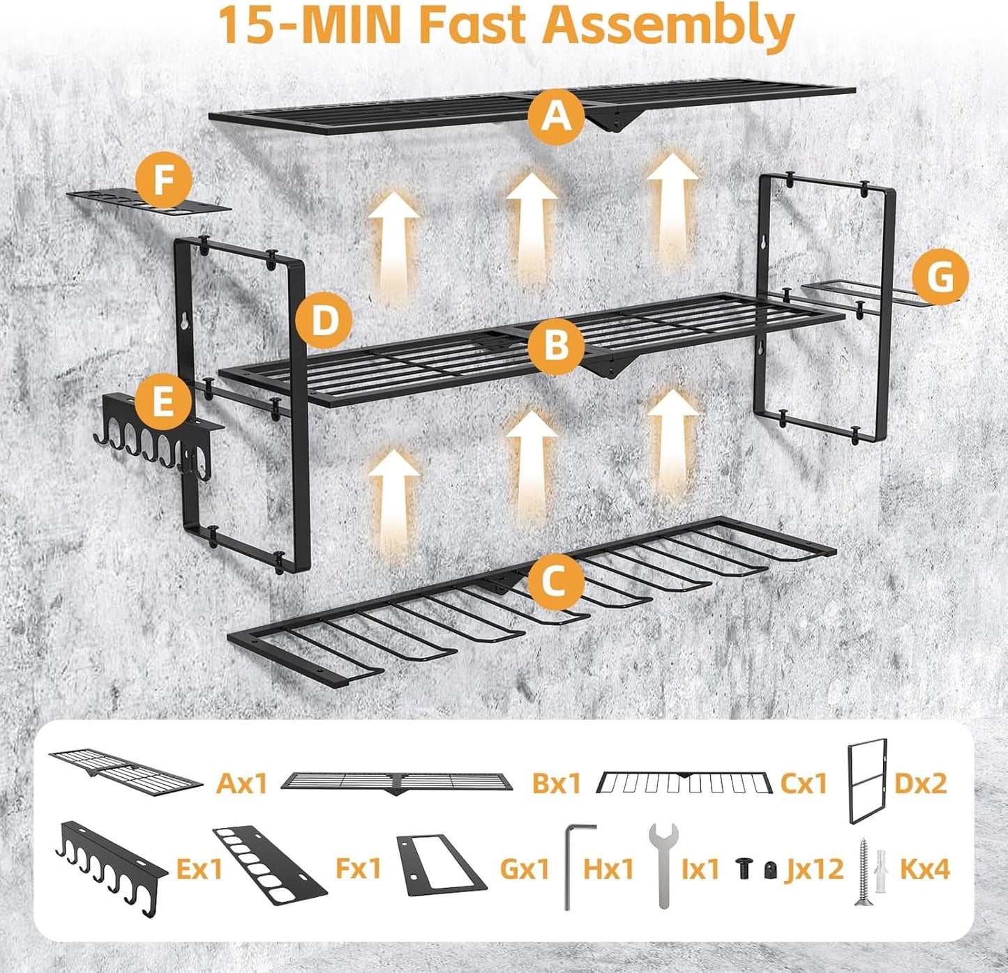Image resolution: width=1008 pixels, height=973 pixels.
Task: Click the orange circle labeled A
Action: click(555, 116)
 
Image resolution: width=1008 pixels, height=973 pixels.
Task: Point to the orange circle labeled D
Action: click(323, 321)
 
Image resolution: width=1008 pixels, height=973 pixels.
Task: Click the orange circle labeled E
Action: click(162, 403)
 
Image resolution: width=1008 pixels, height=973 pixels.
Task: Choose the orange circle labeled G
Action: click(940, 277)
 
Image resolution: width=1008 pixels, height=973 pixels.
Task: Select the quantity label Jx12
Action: click(815, 869)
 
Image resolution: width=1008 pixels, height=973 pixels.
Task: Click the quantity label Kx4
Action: click(925, 869)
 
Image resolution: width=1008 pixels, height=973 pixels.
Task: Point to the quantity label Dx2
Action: click(921, 783)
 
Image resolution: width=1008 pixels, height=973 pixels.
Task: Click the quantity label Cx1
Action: click(803, 783)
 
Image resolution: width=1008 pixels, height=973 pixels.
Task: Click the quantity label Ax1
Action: click(242, 783)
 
